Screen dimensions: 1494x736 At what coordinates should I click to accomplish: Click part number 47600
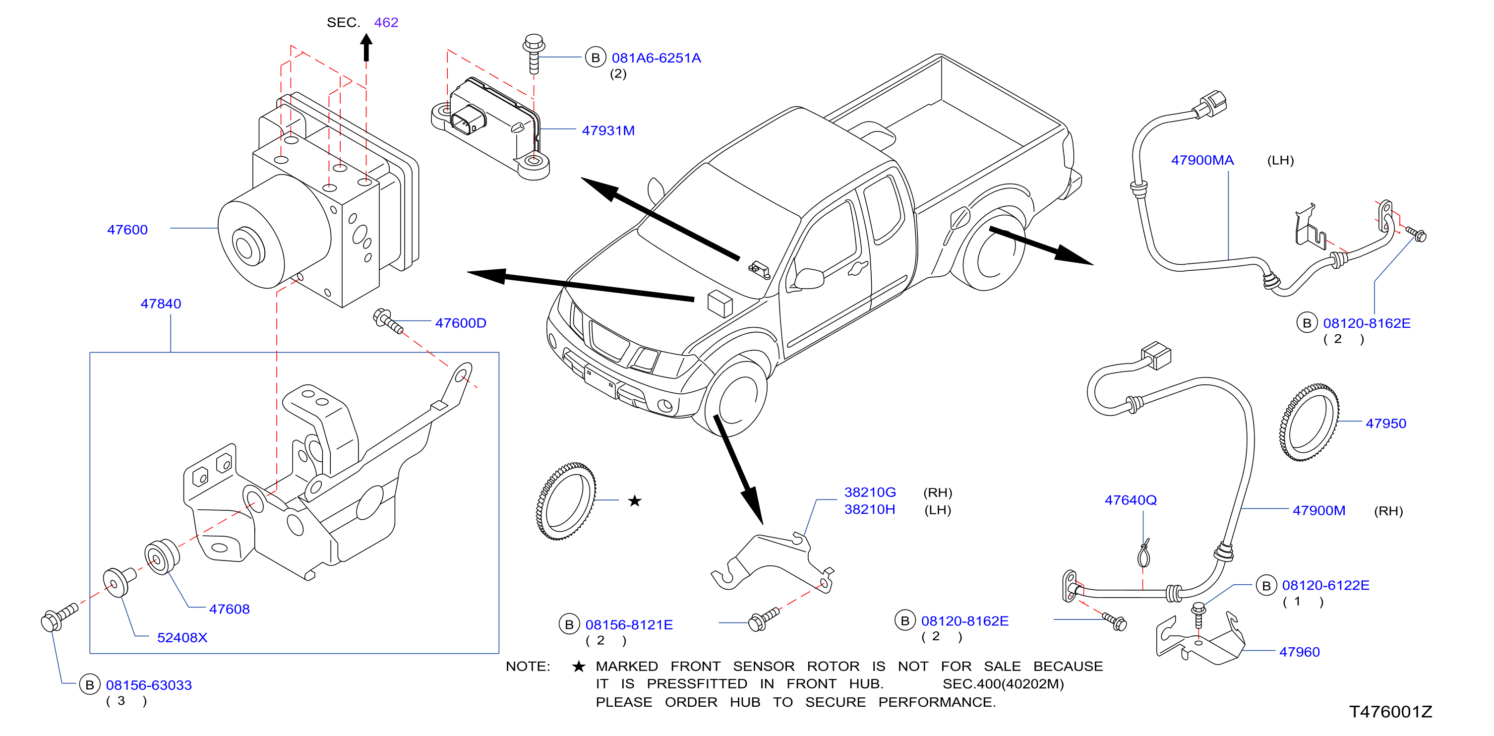point(127,230)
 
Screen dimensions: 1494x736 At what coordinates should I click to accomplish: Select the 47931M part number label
point(608,130)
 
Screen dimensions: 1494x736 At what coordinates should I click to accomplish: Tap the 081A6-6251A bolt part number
point(656,58)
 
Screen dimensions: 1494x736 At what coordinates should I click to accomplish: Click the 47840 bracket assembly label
point(161,304)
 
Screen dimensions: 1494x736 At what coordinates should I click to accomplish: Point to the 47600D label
point(461,323)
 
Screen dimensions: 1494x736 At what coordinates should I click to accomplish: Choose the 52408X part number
point(182,637)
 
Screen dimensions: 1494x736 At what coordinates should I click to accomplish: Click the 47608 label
point(229,609)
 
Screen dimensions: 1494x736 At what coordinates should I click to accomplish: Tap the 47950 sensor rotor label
point(1385,424)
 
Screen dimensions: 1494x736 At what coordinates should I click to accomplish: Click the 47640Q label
point(1131,500)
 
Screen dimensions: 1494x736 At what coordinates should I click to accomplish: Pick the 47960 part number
point(1299,652)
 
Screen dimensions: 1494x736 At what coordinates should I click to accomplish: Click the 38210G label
point(870,492)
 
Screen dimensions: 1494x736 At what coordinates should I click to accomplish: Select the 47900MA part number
point(1202,160)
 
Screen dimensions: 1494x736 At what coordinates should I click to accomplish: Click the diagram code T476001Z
point(1390,712)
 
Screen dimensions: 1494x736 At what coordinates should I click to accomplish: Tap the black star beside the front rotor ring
point(635,500)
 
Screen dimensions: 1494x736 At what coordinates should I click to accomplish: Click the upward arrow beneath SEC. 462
point(366,48)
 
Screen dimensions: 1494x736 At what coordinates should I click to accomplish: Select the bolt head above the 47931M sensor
point(534,42)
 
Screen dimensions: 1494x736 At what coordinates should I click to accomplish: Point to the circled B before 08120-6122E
point(1266,586)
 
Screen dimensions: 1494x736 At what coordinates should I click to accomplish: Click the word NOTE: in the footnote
point(528,667)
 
